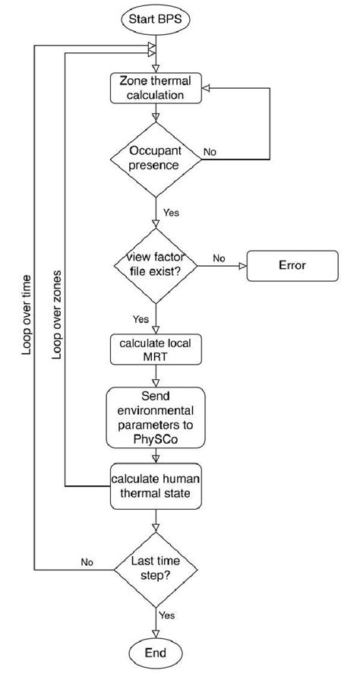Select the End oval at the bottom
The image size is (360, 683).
pos(156,653)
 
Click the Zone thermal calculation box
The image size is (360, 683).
pos(156,88)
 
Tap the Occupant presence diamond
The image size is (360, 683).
pos(156,158)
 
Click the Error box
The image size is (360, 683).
pos(292,267)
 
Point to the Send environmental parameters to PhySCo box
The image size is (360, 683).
pos(156,419)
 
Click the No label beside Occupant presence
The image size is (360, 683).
pos(210,151)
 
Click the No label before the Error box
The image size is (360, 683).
pos(219,258)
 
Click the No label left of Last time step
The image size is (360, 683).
pos(87,562)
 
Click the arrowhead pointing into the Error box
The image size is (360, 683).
pos(243,267)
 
